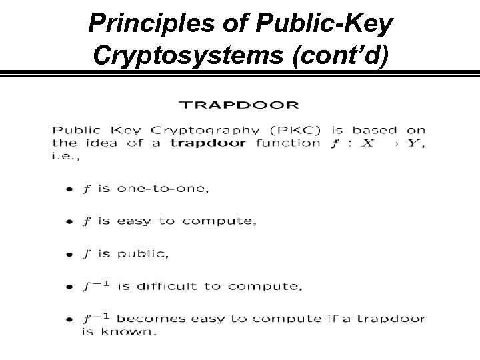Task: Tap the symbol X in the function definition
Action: click(x=363, y=143)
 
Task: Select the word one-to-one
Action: click(x=163, y=189)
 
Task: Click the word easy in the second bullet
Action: click(x=133, y=221)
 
